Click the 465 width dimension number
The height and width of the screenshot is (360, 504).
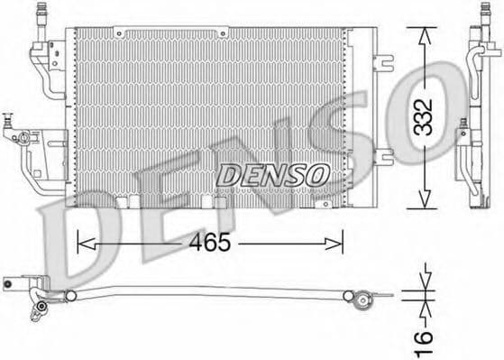[209, 243]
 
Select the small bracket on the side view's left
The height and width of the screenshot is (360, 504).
[461, 135]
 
